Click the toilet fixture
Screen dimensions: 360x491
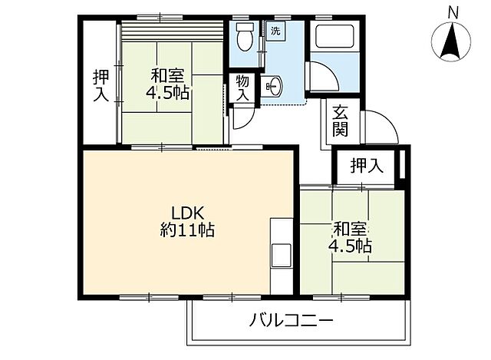coord(245,35)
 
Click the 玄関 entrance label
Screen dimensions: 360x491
coord(341,121)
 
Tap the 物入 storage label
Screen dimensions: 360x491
coord(242,87)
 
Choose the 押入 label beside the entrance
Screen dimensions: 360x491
coord(367,164)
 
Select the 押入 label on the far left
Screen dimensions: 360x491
coord(100,86)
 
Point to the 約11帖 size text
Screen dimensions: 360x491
coord(188,230)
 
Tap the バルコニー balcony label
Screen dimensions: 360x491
coord(291,319)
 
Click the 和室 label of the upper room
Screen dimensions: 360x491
coord(166,76)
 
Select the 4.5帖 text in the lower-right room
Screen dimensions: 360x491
coord(352,246)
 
